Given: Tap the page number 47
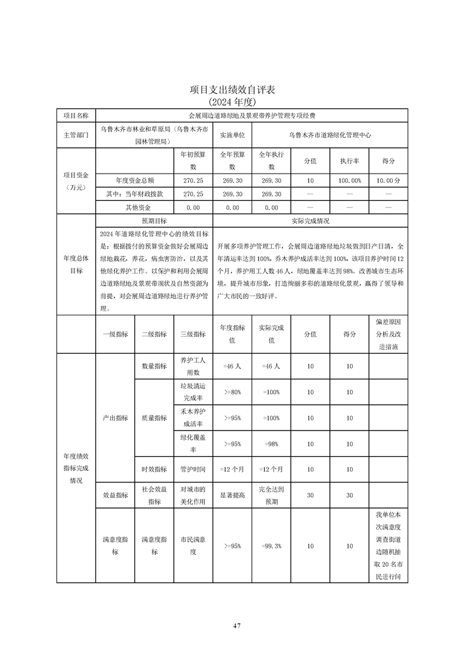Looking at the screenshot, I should click(x=236, y=625).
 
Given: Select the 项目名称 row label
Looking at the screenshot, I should click(x=76, y=115).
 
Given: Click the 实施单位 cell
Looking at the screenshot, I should click(x=232, y=135).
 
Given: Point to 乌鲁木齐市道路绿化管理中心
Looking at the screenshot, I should click(x=329, y=135).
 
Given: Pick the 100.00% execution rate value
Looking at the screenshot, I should click(x=349, y=180).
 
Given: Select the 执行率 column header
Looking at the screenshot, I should click(x=349, y=161).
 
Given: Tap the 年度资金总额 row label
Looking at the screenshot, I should click(x=135, y=180).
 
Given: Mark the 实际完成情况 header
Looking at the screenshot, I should click(x=310, y=221).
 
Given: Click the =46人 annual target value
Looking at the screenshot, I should click(x=232, y=367).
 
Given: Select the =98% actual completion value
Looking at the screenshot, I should click(x=271, y=444).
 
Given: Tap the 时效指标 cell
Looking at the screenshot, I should click(x=154, y=469).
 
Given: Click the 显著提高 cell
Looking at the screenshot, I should click(x=232, y=495).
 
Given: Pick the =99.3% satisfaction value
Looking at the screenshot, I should click(x=271, y=546).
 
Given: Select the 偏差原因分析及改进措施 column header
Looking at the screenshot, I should click(x=388, y=334).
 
